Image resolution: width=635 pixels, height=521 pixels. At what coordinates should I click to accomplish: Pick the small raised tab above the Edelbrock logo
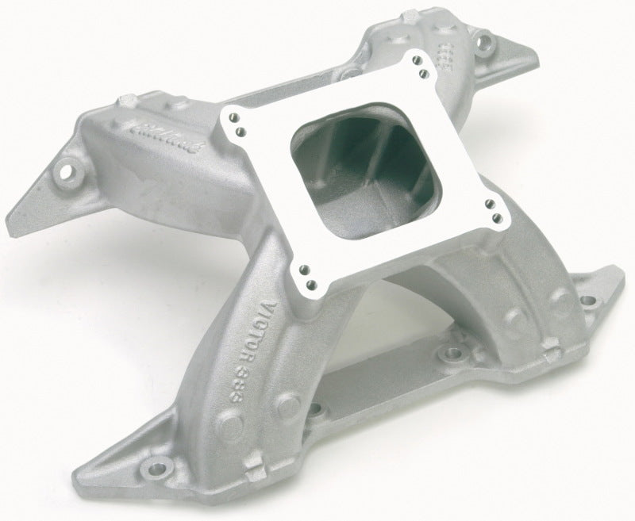[127, 102]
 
